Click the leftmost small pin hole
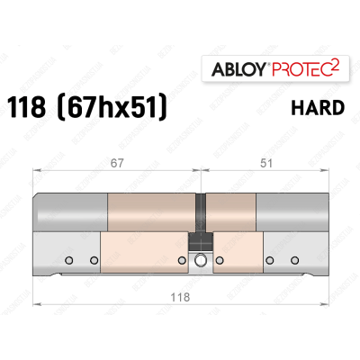[68, 261]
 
